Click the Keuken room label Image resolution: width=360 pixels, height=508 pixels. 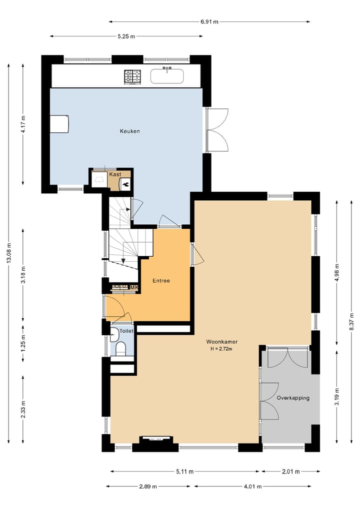coord(129,131)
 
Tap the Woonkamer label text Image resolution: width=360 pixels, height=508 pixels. coord(222,342)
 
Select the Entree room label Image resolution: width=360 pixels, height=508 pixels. coord(161,281)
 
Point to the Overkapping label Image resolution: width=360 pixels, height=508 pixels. coord(293,398)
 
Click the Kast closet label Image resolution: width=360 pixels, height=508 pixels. coord(115,174)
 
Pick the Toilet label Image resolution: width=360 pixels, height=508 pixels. coord(126,331)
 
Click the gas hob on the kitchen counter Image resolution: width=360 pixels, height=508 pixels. coord(132,77)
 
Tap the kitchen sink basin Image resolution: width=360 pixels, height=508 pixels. coord(167,76)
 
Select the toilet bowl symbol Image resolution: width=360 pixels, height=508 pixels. coord(120,349)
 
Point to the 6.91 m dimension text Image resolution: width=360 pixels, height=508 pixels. coord(209,21)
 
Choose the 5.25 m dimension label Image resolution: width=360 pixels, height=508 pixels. coord(126,36)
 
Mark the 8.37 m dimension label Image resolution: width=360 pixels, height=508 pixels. coord(351,321)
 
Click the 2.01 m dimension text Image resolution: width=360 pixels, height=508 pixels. coord(290,472)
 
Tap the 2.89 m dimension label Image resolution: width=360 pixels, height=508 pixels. coord(148,487)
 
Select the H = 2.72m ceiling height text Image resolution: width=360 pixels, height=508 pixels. coord(222,349)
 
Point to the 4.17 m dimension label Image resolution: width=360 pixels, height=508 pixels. coord(23,124)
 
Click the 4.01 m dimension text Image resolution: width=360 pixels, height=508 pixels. coord(252,487)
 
